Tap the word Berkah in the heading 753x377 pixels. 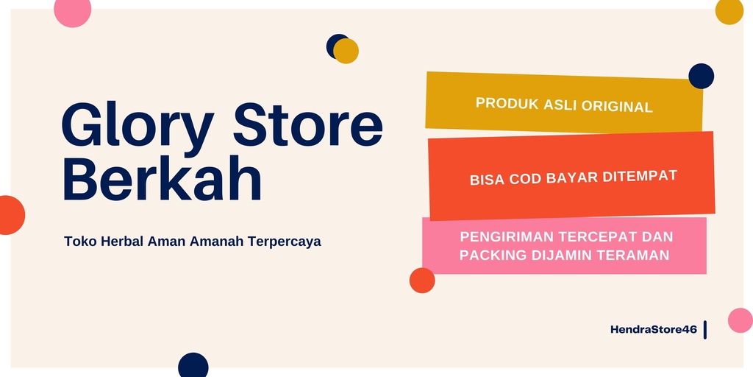(x=163, y=178)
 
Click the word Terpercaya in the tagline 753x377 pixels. (x=285, y=242)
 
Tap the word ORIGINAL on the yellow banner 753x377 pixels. (x=617, y=106)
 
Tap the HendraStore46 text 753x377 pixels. (x=654, y=329)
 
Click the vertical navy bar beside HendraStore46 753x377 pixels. (x=705, y=330)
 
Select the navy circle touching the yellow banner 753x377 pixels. (x=701, y=76)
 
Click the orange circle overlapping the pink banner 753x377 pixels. (x=422, y=281)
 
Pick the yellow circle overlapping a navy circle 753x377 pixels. (x=346, y=51)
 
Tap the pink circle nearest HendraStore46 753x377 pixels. (x=740, y=320)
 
